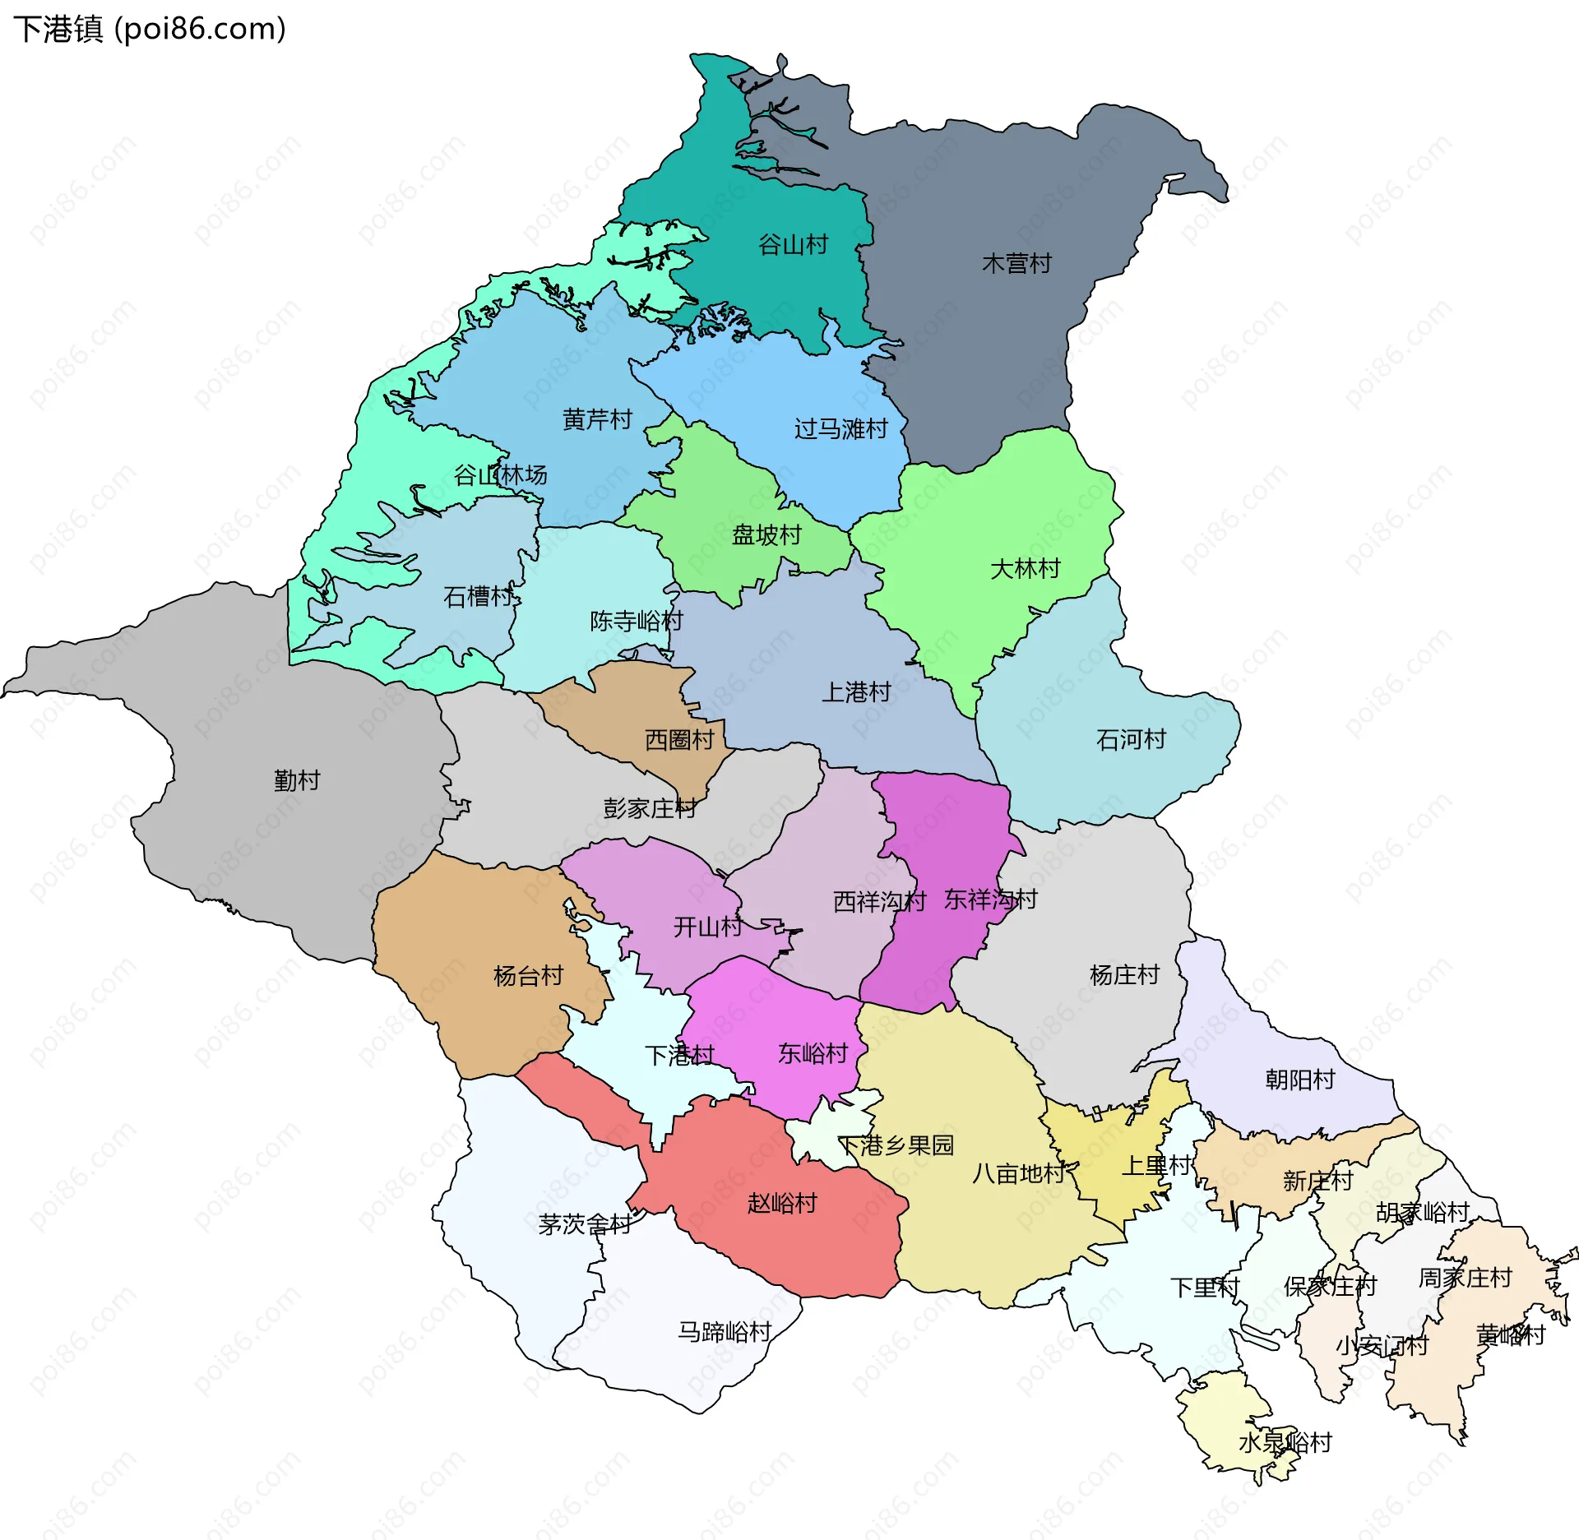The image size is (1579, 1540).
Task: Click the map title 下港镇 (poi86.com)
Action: click(150, 29)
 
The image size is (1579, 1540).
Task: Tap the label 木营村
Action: click(1016, 264)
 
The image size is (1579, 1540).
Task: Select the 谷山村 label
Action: click(793, 245)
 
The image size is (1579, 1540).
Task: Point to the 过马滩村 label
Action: click(840, 429)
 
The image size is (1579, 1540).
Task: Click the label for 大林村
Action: click(1025, 569)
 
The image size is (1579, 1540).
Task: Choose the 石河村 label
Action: click(1131, 740)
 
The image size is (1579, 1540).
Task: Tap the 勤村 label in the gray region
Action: click(297, 780)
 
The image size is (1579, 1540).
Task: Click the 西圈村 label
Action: click(679, 740)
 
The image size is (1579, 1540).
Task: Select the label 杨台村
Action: click(528, 976)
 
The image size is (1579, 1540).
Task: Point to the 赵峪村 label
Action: click(782, 1204)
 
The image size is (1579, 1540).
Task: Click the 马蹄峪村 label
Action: click(725, 1332)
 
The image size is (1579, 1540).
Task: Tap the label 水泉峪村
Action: click(1285, 1442)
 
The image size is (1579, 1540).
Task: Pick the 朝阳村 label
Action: click(1299, 1080)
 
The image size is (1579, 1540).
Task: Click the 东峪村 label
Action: click(813, 1053)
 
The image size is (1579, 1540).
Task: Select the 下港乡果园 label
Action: click(896, 1145)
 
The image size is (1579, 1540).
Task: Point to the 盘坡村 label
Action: click(766, 535)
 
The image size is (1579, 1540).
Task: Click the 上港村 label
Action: click(856, 692)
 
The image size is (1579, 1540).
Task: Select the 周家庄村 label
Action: click(1466, 1278)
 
